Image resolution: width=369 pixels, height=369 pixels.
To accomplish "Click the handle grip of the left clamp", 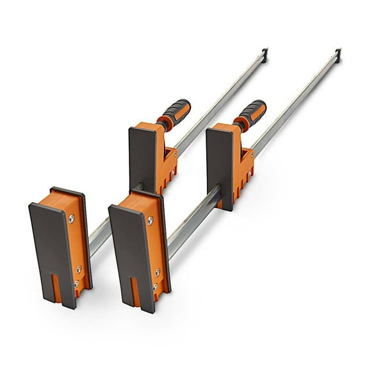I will click(175, 113).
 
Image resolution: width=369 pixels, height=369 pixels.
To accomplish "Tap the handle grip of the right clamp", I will click(250, 112).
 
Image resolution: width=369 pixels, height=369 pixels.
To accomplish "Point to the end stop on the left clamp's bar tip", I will click(265, 53).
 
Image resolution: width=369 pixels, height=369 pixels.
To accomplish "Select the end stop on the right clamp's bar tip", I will click(338, 54).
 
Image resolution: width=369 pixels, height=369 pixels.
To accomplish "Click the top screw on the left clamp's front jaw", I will click(70, 219).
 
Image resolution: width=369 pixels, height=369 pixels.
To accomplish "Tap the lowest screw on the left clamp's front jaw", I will click(76, 283).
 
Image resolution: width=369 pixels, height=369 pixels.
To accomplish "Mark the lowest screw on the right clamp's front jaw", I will click(154, 286).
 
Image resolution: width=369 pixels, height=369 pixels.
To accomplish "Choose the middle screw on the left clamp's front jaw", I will click(78, 270).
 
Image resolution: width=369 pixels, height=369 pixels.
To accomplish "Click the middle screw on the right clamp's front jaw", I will click(156, 272).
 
